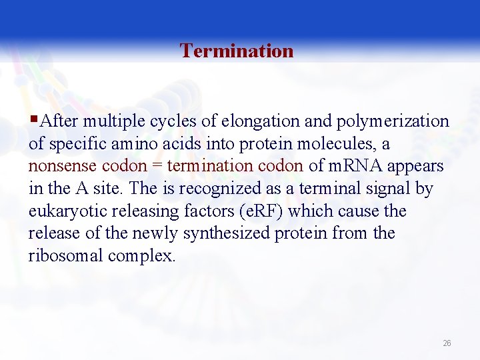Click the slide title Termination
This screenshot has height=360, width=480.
[x=237, y=51]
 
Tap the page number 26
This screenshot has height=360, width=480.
[x=447, y=343]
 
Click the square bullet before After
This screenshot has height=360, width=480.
[x=33, y=121]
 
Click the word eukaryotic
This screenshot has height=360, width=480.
[x=64, y=211]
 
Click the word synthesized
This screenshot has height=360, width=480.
[x=247, y=234]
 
